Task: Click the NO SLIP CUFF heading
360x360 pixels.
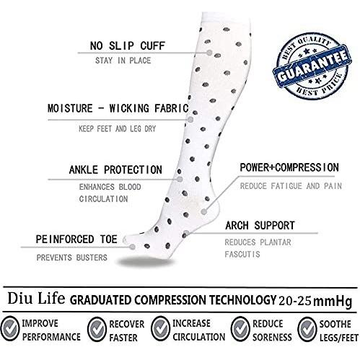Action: pos(128,45)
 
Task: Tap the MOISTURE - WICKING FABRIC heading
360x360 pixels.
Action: pos(118,108)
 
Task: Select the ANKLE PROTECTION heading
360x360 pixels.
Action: pos(115,170)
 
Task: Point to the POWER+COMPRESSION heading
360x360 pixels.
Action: pos(289,167)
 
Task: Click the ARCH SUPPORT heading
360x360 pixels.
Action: pos(260,226)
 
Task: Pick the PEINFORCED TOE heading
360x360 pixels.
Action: pos(76,240)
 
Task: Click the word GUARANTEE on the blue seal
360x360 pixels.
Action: pos(312,66)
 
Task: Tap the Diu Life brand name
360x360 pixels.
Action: pos(36,299)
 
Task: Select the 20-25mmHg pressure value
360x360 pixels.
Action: pos(315,301)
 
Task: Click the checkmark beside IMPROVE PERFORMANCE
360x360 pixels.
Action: pos(9,329)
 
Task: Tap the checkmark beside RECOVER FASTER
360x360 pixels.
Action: pos(97,329)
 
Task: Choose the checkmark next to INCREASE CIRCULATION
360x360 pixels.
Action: pos(160,328)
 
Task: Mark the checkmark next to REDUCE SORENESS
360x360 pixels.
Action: pos(240,329)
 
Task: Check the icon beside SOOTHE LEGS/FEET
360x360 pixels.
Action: pos(307,329)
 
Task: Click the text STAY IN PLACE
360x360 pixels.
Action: pos(123,61)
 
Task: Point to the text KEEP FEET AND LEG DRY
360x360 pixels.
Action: pos(118,128)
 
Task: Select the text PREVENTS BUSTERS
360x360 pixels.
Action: pos(71,258)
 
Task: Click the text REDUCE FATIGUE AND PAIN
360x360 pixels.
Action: pos(291,186)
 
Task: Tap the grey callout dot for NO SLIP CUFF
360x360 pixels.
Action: pos(209,53)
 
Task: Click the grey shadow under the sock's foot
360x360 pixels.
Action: pos(146,262)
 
